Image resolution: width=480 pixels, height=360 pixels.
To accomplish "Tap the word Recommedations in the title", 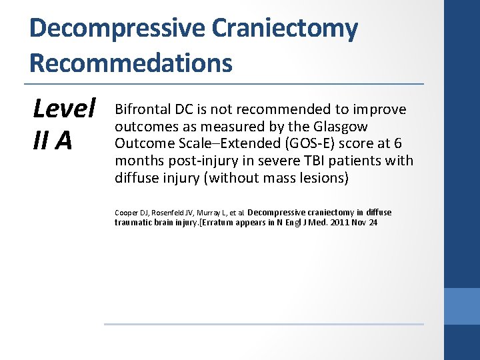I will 131,63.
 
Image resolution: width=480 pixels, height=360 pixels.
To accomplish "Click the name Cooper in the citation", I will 125,213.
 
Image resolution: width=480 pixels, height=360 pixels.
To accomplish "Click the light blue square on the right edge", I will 462,306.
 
